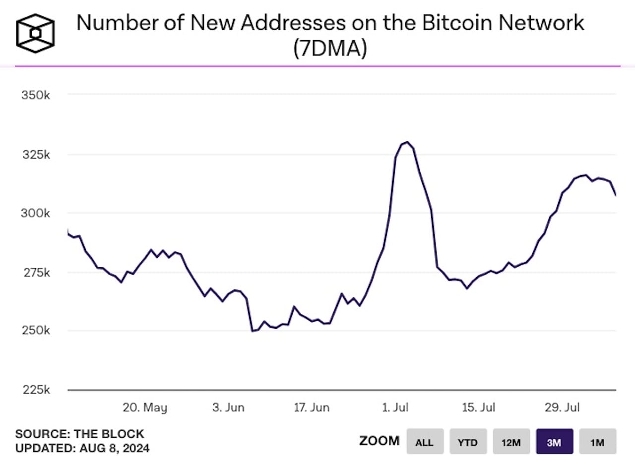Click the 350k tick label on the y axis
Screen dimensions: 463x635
(x=35, y=95)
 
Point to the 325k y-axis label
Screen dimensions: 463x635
(x=35, y=155)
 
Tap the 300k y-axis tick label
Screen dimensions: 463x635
(x=35, y=213)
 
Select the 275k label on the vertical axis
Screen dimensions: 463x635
(x=35, y=272)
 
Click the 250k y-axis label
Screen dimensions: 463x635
(x=35, y=331)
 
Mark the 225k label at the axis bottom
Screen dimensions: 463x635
(x=35, y=390)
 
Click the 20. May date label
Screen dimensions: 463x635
(x=145, y=408)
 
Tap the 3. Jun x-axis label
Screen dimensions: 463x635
(x=228, y=408)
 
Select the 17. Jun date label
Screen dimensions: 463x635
(x=312, y=408)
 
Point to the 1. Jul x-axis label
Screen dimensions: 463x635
(x=395, y=408)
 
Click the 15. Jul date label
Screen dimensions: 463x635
(x=478, y=408)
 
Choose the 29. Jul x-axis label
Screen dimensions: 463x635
(x=562, y=408)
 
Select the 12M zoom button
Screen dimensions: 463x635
(x=511, y=442)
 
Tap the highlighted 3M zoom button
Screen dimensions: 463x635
(x=554, y=442)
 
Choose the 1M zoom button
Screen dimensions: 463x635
(x=597, y=442)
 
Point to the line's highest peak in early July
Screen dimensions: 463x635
(x=407, y=142)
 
